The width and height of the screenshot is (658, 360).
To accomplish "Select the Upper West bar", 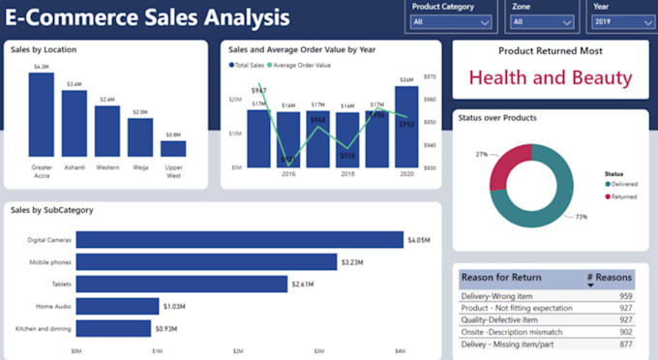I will [173, 148].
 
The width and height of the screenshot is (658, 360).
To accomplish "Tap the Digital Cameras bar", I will [239, 240].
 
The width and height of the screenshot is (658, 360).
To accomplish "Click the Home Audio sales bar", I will [117, 306].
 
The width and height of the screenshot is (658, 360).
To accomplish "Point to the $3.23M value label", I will [352, 262].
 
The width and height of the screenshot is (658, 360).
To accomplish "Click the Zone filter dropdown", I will [541, 21].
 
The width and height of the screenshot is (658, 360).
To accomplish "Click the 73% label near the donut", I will [581, 218].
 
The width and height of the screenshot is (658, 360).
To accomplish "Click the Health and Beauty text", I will [550, 78].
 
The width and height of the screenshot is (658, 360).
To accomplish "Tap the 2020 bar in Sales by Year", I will [406, 127].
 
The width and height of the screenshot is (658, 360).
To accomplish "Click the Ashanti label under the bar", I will [74, 166].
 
